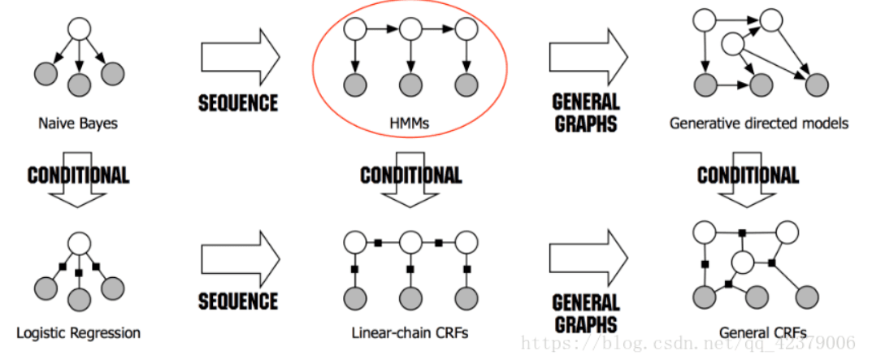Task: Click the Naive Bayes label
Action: (x=78, y=123)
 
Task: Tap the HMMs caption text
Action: (x=410, y=123)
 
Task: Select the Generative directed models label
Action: (x=758, y=123)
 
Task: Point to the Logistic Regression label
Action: (x=78, y=333)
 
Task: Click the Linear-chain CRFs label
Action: (x=410, y=333)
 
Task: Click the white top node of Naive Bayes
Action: (x=79, y=28)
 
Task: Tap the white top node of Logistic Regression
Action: (x=79, y=243)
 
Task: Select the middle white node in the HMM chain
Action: (x=410, y=29)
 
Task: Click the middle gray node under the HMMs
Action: (x=410, y=85)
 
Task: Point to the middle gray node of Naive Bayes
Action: (x=79, y=85)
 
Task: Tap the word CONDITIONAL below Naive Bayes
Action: (x=78, y=176)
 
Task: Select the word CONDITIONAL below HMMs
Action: (x=411, y=176)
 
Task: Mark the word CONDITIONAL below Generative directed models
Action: (x=748, y=176)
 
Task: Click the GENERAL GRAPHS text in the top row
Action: (x=586, y=113)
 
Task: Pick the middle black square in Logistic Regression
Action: (x=78, y=273)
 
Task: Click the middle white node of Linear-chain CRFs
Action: (x=410, y=243)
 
